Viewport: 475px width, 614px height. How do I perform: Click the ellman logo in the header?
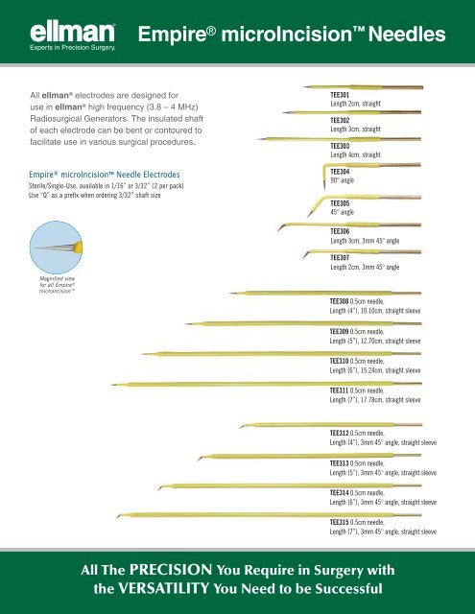point(72,33)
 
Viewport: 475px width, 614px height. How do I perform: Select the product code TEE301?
point(340,95)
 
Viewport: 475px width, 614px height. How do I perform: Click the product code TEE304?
point(340,172)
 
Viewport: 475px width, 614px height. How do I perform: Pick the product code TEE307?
point(340,258)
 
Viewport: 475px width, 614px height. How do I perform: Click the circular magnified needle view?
point(56,248)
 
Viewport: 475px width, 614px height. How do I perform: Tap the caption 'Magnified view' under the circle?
point(58,278)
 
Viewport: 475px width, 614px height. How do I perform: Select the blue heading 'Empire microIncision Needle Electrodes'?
point(105,175)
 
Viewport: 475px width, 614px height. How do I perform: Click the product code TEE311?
point(339,390)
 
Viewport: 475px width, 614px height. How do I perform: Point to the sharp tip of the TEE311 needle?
point(111,385)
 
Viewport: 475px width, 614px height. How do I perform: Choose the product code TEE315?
point(339,522)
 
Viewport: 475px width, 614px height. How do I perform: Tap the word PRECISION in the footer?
point(171,570)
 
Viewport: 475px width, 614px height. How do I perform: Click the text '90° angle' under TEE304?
point(342,180)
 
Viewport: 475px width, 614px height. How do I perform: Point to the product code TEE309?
point(339,331)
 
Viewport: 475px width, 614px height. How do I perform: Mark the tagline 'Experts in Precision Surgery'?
point(72,48)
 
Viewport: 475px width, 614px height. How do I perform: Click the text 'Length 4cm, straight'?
point(355,154)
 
